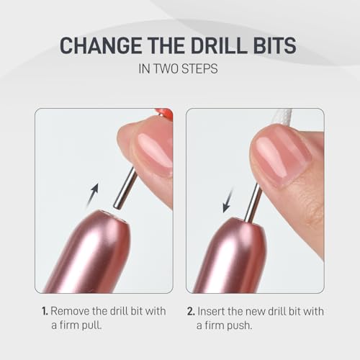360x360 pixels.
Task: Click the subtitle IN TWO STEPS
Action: pyautogui.click(x=179, y=72)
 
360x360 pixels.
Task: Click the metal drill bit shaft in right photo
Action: pyautogui.click(x=253, y=202)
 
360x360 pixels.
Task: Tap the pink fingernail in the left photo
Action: pyautogui.click(x=153, y=145)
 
